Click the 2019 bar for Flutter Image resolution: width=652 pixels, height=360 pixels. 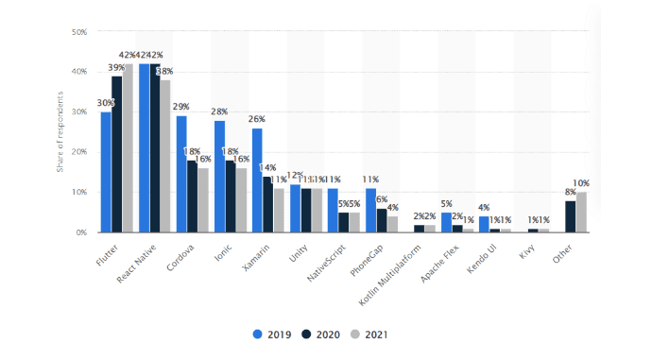pos(106,172)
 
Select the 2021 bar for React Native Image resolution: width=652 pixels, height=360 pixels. pos(166,156)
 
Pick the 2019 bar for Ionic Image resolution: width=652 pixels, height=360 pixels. pos(219,176)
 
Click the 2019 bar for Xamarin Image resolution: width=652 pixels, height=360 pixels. pos(257,180)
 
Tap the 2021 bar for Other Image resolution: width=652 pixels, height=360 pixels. pos(581,212)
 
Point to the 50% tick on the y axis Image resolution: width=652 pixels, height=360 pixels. pos(80,32)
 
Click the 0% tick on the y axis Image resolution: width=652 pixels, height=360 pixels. pos(83,231)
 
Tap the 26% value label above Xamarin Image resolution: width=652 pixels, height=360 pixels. pos(257,120)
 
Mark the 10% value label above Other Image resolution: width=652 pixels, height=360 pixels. pos(583,183)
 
